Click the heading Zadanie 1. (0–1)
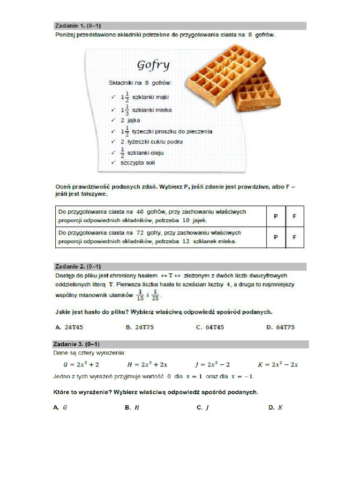75,26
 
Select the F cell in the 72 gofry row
294,237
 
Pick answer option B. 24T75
139,327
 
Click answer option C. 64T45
210,327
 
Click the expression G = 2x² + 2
81,364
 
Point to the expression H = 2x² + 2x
147,364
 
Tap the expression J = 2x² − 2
212,364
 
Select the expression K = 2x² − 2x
278,364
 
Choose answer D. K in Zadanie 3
276,408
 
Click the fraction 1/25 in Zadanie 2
155,296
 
